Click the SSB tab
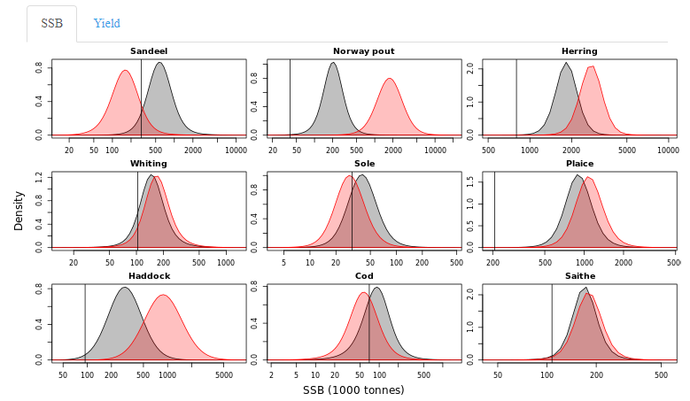click(x=51, y=24)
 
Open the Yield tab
click(x=107, y=24)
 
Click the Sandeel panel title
click(x=149, y=51)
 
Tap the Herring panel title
click(x=579, y=51)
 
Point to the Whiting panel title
click(x=149, y=164)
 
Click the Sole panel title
click(x=364, y=164)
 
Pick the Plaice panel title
click(x=579, y=164)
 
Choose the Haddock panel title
click(x=149, y=276)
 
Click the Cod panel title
click(x=364, y=276)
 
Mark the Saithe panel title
click(x=579, y=276)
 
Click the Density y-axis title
click(x=19, y=210)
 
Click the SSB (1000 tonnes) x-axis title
click(x=353, y=390)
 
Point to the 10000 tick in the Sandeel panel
click(x=235, y=150)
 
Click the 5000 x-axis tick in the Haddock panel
click(x=224, y=375)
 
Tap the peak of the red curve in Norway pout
click(x=390, y=79)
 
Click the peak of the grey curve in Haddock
click(x=124, y=288)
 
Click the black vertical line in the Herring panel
click(x=516, y=97)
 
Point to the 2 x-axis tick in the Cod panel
click(x=271, y=375)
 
